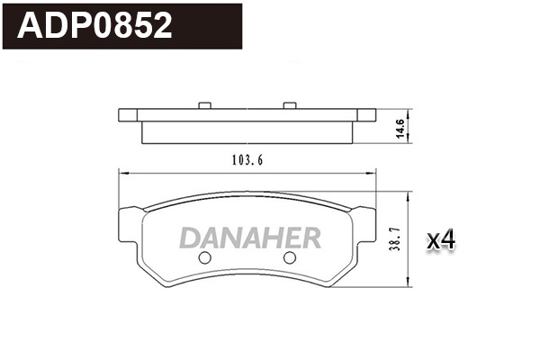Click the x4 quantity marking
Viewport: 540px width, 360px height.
442,239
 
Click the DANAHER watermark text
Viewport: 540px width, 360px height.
250,238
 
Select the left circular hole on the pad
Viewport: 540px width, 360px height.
203,258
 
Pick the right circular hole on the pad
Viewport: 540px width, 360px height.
290,258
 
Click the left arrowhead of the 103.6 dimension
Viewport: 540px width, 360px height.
122,174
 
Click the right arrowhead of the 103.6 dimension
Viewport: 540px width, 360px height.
373,174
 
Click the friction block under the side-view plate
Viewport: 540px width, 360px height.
247,131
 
